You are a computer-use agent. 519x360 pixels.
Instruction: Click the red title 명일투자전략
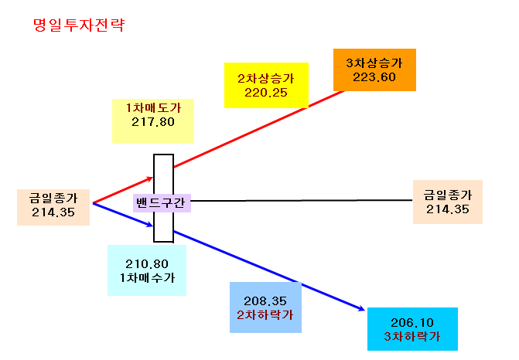coord(79,25)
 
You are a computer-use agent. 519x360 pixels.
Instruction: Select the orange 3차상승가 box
coord(374,70)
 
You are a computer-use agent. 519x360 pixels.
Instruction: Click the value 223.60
coord(374,77)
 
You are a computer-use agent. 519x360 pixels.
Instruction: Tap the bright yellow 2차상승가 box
coord(266,85)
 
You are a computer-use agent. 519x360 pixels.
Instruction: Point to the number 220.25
coord(266,93)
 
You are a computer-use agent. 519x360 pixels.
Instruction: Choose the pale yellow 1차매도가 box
coord(153,121)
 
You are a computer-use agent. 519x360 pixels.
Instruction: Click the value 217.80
coord(153,122)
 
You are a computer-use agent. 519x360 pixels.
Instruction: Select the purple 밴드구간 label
coord(162,202)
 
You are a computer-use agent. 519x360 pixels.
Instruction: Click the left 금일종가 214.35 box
coord(53,207)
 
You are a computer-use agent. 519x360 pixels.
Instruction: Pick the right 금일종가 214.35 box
coord(448,202)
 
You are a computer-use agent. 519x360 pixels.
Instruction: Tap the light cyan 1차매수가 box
coord(147,270)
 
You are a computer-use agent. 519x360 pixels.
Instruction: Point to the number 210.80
coord(147,264)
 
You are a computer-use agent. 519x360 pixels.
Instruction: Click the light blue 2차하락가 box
coord(265,307)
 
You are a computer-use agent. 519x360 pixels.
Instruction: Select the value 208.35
coord(265,301)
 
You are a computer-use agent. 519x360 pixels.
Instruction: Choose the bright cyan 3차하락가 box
coord(412,329)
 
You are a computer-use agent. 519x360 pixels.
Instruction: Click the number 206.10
coord(412,323)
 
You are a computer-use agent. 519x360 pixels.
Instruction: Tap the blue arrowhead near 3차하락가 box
coord(361,309)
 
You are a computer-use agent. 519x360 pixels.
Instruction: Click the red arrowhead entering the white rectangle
coord(149,179)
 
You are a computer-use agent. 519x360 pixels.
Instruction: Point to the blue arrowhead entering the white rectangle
coord(149,225)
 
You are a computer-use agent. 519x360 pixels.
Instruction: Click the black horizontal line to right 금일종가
coord(302,200)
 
